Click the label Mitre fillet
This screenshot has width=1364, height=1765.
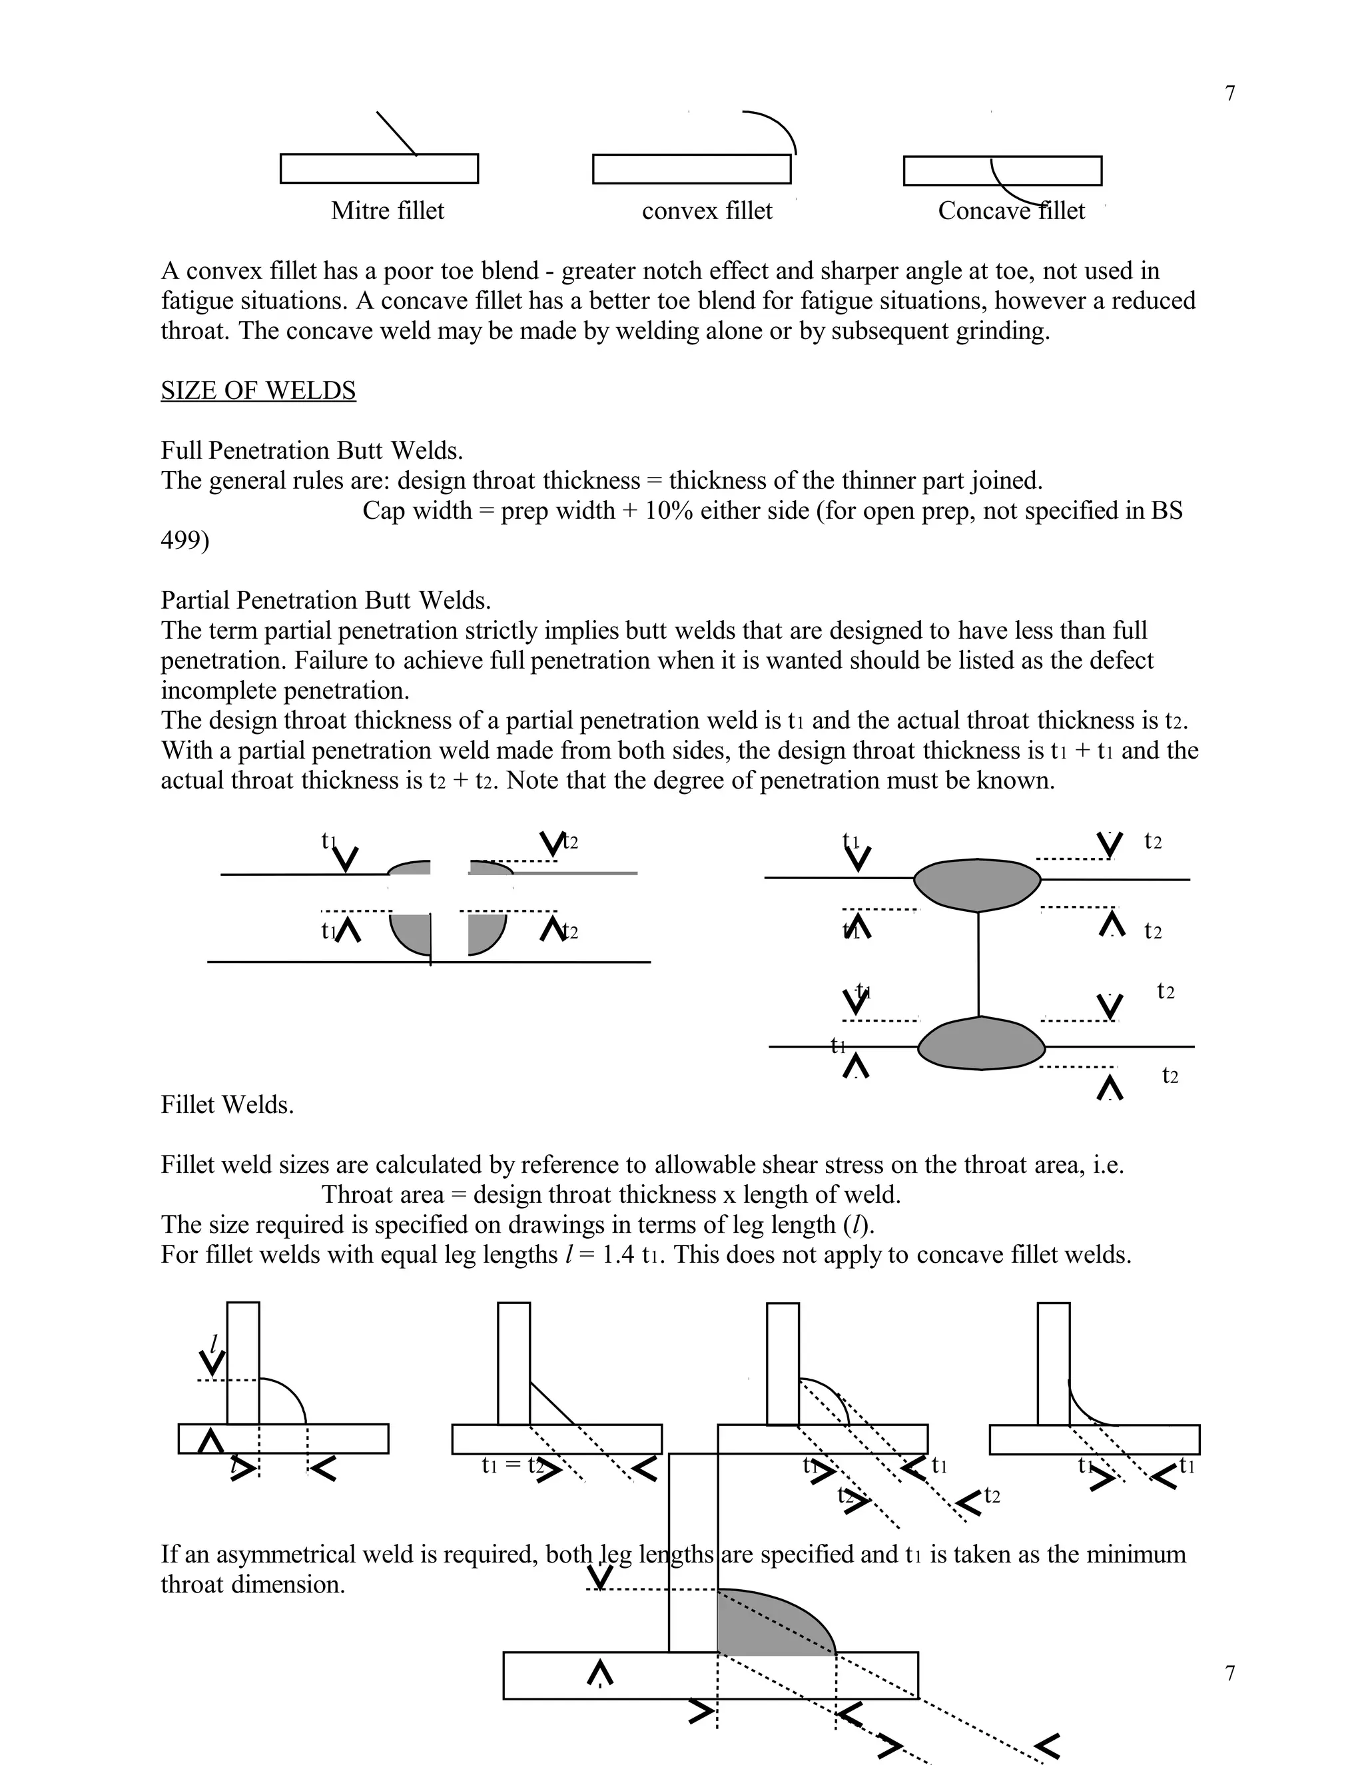[x=387, y=211]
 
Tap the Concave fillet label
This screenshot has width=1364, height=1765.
[x=1011, y=211]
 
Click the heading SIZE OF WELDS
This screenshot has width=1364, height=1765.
[x=258, y=390]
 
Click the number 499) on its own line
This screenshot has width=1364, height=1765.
[x=184, y=540]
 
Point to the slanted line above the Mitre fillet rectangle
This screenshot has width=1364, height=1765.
[x=396, y=133]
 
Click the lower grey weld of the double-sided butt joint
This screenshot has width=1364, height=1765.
[x=981, y=1044]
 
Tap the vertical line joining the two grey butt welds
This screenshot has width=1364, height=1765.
[x=978, y=963]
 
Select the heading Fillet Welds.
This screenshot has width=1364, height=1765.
[x=227, y=1105]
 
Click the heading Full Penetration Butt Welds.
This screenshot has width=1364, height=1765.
[x=311, y=450]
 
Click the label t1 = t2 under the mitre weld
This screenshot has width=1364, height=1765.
[x=511, y=1465]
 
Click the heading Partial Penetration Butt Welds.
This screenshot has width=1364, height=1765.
[x=326, y=601]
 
